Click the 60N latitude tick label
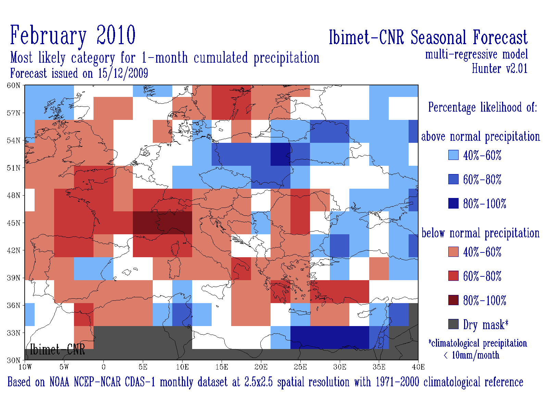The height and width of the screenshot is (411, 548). [13, 85]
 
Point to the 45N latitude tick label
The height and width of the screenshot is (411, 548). [13, 223]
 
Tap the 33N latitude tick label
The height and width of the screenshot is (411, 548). [13, 333]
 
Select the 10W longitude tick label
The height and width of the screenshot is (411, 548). [25, 367]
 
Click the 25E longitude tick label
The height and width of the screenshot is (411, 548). [300, 367]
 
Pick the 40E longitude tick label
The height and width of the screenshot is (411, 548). [418, 367]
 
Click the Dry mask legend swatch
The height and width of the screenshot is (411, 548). [453, 324]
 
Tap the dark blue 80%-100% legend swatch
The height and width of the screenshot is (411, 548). [453, 203]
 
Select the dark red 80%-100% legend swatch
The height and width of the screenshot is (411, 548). [453, 300]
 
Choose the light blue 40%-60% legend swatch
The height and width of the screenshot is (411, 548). [453, 155]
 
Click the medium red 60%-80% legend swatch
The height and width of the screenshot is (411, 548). [453, 276]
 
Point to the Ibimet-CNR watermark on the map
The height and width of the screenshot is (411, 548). [58, 349]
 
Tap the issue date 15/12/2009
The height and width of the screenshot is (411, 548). [123, 73]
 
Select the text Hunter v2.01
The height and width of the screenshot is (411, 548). [500, 68]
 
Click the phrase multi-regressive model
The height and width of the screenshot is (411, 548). [476, 54]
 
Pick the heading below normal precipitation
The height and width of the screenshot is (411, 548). [481, 233]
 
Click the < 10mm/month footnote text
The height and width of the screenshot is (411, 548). [471, 355]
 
